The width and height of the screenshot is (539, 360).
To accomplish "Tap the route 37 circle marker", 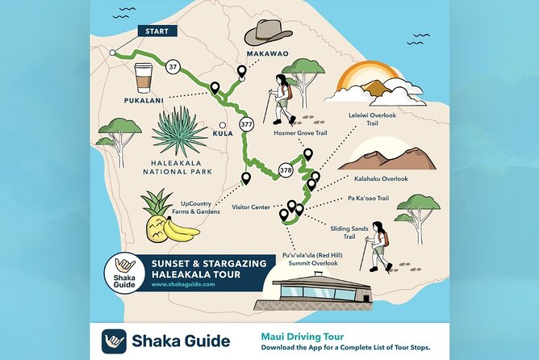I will pos(173,68).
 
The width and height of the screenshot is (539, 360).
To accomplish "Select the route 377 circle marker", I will pos(247,124).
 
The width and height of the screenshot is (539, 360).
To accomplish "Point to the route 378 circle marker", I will pos(286,170).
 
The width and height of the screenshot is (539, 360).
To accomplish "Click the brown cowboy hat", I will pos(268,31).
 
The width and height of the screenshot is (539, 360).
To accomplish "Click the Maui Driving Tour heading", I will pos(301,336).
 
